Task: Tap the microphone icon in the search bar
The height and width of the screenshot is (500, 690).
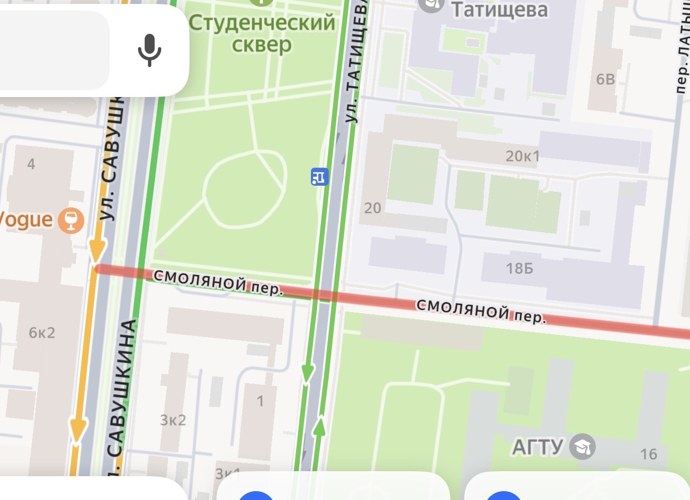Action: pos(149,50)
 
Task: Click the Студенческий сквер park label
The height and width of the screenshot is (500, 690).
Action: pos(262,33)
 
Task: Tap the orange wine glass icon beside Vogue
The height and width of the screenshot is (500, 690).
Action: pos(71,220)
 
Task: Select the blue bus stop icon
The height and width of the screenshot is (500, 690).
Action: pos(319,177)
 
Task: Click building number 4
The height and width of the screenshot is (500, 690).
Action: pos(31,164)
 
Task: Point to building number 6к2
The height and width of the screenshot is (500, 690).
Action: pos(42,333)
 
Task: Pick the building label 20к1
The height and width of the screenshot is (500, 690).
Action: pos(523,156)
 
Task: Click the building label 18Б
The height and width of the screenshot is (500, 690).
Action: pos(519,268)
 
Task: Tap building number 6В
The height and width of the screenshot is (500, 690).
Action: pos(606,79)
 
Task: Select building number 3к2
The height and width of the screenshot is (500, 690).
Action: pos(173,420)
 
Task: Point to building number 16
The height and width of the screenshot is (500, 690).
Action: pos(648,455)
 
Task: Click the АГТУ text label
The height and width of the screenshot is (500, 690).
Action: pos(538,446)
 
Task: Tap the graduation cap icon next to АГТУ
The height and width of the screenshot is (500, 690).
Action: pos(583,446)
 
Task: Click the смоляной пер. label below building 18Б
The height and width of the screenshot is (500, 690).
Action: pos(482,312)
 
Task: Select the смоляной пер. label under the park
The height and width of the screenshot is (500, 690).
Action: pos(218,282)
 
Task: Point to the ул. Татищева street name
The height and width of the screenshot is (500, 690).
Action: pos(356,61)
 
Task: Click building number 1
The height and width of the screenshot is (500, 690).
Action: pos(260,400)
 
